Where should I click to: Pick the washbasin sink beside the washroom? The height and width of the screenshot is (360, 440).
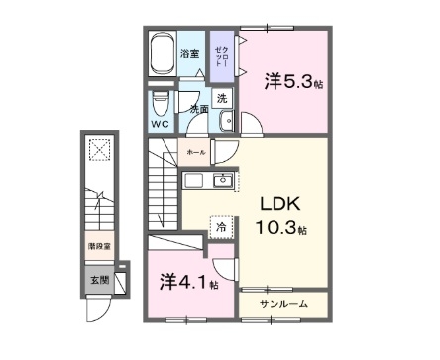(226, 121)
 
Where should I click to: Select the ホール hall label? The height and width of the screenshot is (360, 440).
(195, 153)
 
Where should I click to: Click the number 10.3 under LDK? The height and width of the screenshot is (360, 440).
(281, 229)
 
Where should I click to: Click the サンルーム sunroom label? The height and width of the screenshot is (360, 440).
(284, 303)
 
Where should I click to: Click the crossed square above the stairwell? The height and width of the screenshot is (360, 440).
(99, 149)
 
